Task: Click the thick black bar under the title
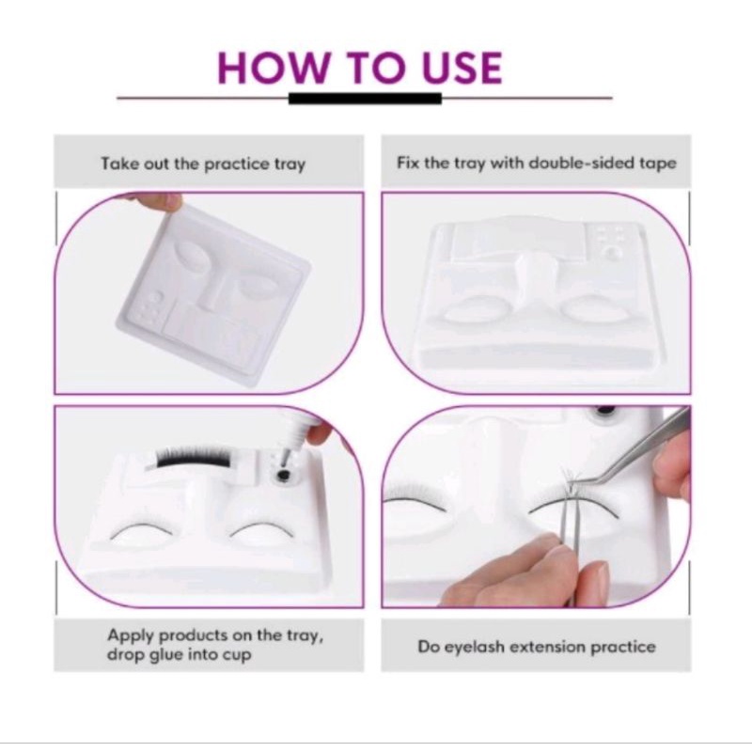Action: [365, 99]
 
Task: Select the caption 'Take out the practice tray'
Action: [203, 164]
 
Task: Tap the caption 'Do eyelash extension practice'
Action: [537, 647]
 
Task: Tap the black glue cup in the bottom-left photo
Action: [284, 476]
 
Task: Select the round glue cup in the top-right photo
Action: [612, 252]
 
